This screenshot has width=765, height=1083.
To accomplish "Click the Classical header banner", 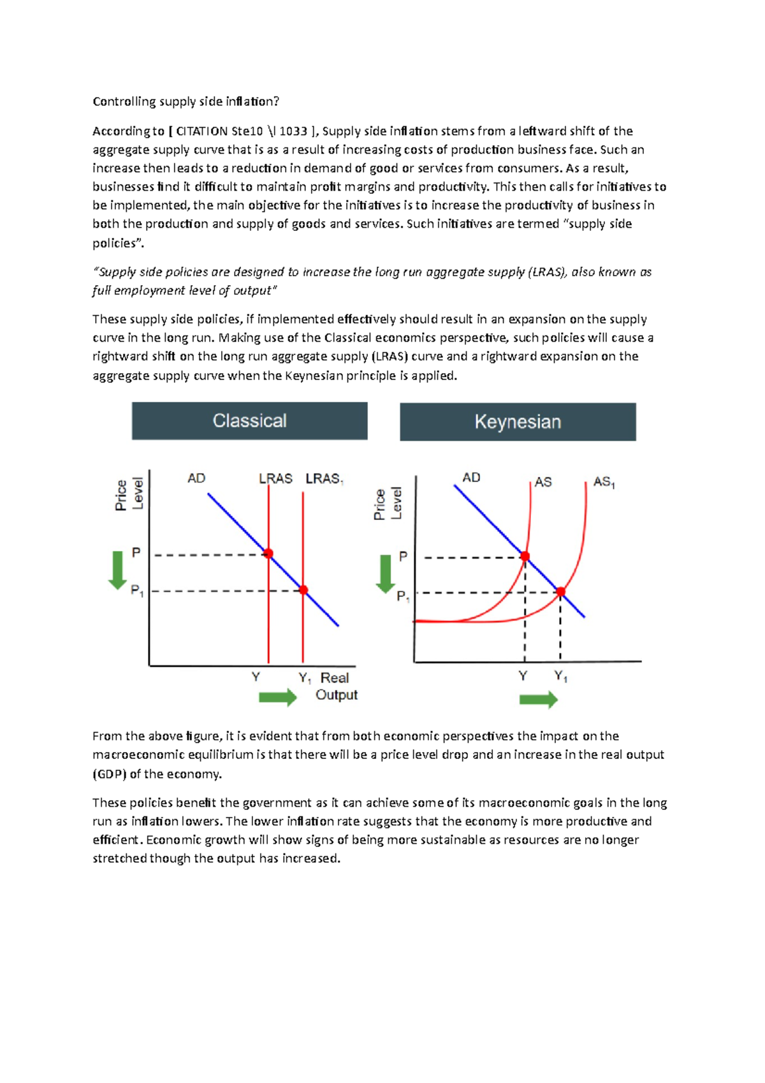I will [249, 421].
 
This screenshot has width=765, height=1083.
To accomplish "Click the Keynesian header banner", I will [518, 422].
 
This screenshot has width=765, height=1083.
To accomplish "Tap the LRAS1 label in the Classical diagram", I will [324, 479].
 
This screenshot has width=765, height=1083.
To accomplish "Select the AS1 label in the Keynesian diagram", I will [604, 482].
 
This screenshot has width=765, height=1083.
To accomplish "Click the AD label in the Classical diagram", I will [196, 478].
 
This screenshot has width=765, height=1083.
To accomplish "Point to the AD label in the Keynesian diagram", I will [471, 478].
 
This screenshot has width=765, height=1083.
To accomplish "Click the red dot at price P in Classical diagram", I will [268, 554].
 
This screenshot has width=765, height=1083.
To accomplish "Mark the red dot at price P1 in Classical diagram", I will [303, 590].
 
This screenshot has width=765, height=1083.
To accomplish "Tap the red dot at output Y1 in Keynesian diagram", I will [561, 592].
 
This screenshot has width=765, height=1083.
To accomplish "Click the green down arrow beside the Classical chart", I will [117, 570].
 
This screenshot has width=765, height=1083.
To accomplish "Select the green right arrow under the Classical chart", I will [278, 697].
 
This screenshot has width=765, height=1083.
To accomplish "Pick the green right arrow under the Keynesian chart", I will [539, 700].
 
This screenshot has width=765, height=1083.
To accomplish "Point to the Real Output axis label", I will [336, 686].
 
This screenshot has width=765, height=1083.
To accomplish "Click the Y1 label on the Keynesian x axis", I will [561, 677].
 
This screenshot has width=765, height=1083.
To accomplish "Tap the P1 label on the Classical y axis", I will [137, 591].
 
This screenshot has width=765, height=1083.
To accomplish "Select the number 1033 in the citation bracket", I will [293, 131].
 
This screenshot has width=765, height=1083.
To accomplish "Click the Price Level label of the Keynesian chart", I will [388, 504].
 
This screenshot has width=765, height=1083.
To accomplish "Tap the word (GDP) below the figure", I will [110, 774].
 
